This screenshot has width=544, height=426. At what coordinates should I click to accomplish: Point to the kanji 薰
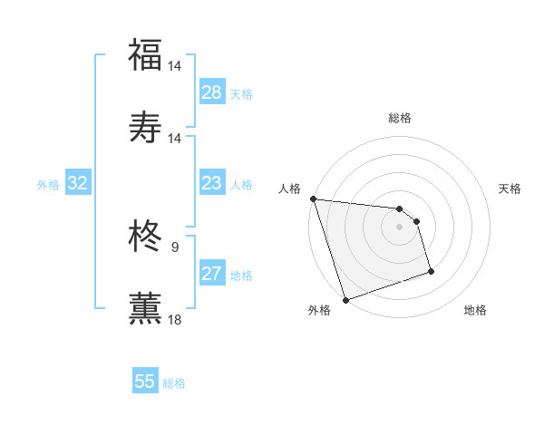pyautogui.click(x=145, y=307)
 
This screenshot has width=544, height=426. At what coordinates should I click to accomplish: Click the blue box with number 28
pyautogui.click(x=212, y=92)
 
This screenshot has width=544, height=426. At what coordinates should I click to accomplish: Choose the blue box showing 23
pyautogui.click(x=211, y=183)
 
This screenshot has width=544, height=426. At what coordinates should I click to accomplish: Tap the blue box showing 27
pyautogui.click(x=211, y=274)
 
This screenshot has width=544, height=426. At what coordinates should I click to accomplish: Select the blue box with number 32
pyautogui.click(x=78, y=183)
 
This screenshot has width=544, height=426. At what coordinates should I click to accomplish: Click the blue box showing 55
pyautogui.click(x=145, y=382)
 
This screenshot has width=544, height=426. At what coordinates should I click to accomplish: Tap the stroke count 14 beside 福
pyautogui.click(x=175, y=66)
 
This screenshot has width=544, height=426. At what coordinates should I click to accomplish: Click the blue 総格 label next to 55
pyautogui.click(x=174, y=383)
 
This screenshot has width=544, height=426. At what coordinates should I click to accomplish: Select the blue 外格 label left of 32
pyautogui.click(x=48, y=185)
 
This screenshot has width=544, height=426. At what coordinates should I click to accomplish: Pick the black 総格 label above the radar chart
pyautogui.click(x=399, y=118)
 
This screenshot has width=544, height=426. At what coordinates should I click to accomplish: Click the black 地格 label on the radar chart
pyautogui.click(x=475, y=310)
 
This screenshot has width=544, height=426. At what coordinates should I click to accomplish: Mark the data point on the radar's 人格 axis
pyautogui.click(x=313, y=198)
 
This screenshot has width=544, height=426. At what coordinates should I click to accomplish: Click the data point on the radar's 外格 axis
pyautogui.click(x=345, y=299)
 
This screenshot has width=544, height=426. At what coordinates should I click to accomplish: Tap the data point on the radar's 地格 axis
pyautogui.click(x=431, y=271)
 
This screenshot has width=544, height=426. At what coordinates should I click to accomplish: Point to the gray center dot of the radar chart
pyautogui.click(x=399, y=227)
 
